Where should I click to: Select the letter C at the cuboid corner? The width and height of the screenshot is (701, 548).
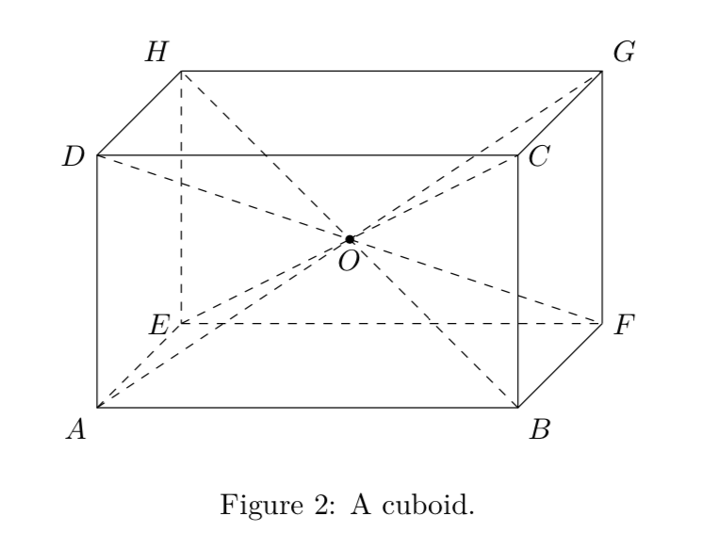(539, 157)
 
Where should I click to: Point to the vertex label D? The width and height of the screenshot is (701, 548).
(73, 157)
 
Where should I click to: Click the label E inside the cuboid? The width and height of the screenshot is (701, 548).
(159, 326)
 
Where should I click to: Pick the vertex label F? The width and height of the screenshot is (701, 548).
(623, 326)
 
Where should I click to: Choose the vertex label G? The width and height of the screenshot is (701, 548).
(623, 54)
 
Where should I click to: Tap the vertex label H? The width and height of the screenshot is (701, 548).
(156, 54)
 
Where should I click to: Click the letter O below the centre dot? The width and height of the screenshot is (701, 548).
(349, 261)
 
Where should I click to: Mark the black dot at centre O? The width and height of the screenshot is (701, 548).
(350, 239)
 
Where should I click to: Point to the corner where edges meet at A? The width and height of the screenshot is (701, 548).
(98, 408)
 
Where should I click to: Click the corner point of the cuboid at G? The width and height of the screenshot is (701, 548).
(602, 71)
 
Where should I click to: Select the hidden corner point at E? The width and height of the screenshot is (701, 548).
(182, 323)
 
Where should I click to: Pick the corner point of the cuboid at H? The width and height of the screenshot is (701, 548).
(182, 71)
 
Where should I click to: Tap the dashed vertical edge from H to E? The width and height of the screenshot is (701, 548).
(182, 197)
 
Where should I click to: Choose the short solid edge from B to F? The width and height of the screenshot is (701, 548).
(561, 365)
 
